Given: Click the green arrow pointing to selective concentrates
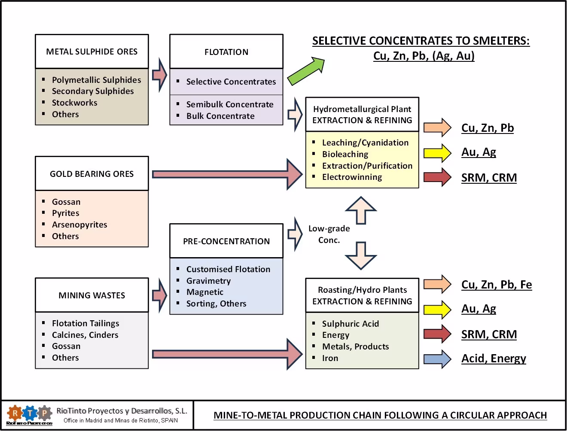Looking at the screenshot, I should click(306, 71).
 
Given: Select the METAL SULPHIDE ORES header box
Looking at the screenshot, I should click(91, 52).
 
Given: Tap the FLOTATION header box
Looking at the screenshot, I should click(226, 52).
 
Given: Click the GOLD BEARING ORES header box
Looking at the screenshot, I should click(91, 174).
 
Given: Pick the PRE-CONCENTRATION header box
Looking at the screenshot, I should click(226, 241).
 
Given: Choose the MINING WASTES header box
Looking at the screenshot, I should click(91, 295).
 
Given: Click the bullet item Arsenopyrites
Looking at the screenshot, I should click(79, 225).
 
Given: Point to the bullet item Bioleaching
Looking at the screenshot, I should click(345, 154).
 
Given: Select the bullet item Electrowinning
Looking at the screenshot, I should click(352, 177).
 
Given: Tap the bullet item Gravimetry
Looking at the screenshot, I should click(208, 281).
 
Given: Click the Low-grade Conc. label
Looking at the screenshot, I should click(329, 234).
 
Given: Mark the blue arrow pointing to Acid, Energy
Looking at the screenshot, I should click(437, 359).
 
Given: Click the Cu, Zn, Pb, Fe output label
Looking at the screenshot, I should click(497, 285).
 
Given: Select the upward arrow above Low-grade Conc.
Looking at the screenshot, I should click(361, 210).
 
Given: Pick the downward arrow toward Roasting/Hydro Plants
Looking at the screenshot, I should click(361, 256).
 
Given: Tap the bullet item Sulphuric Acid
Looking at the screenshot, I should click(350, 324).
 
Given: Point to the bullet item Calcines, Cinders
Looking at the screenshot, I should click(85, 335).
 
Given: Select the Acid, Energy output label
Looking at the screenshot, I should click(494, 358).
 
